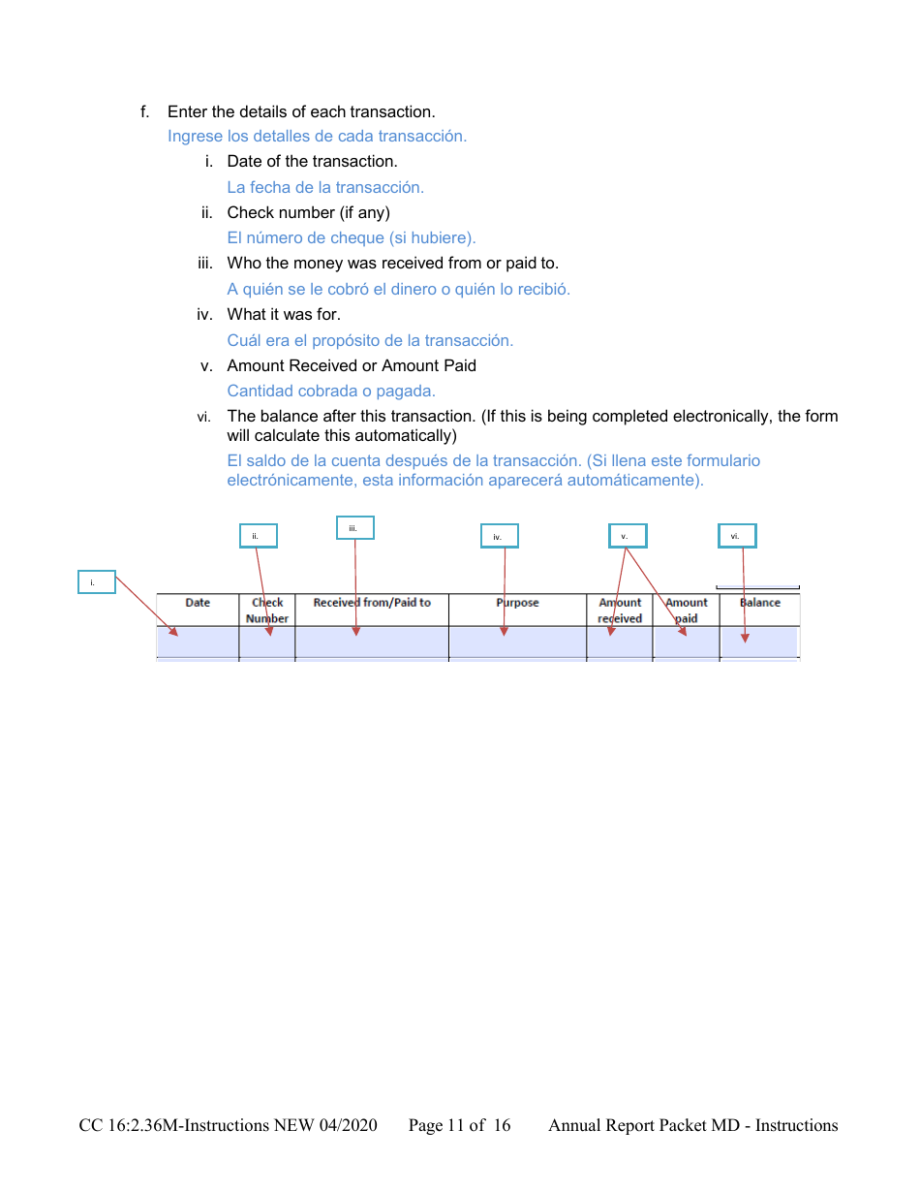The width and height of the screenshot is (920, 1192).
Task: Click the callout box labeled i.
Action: click(97, 582)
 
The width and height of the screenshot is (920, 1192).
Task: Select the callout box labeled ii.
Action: click(259, 536)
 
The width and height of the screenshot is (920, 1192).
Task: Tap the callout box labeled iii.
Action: click(355, 528)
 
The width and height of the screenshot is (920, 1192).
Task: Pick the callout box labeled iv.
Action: click(500, 536)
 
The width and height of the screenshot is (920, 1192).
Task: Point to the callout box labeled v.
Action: click(628, 536)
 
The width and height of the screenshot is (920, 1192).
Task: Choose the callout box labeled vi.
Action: click(737, 536)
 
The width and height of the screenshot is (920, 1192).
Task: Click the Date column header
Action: click(198, 603)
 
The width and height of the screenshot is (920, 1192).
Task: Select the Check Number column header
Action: click(267, 610)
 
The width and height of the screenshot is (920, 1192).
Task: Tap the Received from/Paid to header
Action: click(372, 603)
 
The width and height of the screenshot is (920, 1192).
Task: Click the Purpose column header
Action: click(517, 603)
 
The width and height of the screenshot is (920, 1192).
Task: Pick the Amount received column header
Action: click(620, 610)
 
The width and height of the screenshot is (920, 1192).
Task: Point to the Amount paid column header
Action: click(687, 610)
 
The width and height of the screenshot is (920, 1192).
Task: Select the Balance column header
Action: click(760, 603)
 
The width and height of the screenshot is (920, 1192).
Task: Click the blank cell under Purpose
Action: click(517, 642)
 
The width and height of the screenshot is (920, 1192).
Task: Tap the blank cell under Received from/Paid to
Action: click(372, 642)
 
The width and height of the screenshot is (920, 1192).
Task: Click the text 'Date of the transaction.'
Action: click(312, 161)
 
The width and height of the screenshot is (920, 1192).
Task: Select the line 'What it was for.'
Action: click(284, 314)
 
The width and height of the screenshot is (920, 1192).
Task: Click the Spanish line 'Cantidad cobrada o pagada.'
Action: click(331, 391)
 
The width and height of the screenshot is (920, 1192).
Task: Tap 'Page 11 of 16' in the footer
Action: click(459, 1125)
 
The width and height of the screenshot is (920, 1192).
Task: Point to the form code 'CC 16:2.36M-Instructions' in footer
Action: click(174, 1125)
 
